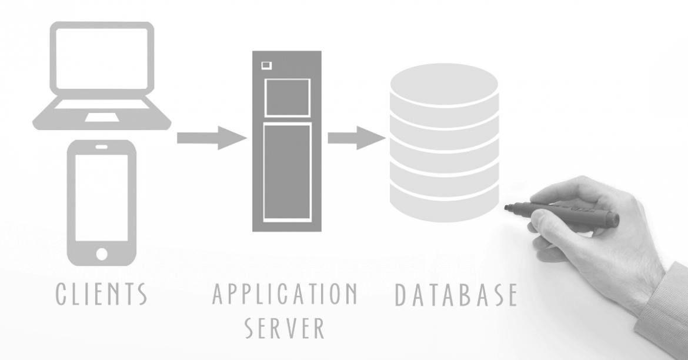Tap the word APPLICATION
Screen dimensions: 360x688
point(285,294)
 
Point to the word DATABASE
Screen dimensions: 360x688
point(456,295)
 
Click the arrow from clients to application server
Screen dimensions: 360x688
point(211,138)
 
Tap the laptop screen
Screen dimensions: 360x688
point(101,58)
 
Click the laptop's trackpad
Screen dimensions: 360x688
point(101,118)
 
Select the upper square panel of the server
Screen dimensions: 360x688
point(287,98)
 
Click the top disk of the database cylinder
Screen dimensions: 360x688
point(444,82)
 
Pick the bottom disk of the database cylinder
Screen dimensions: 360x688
point(444,203)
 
